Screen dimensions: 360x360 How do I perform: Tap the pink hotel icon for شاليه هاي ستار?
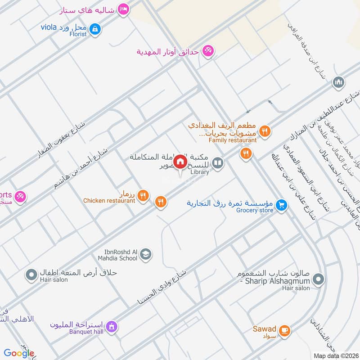point(123,9)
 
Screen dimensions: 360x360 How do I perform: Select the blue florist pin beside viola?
point(94,29)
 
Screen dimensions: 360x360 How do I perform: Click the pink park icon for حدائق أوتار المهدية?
point(207,50)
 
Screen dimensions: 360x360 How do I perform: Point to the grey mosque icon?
point(338,82)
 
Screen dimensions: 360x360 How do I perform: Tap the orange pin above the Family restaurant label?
point(265,131)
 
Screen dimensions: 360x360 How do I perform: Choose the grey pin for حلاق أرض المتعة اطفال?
point(31,274)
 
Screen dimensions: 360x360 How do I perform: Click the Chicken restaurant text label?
point(109,201)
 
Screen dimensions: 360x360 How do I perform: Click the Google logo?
point(19,353)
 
